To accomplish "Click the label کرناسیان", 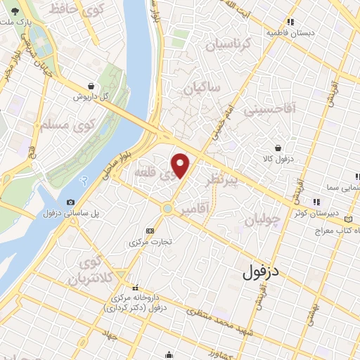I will click(x=227, y=45).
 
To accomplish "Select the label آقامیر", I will click(x=194, y=210).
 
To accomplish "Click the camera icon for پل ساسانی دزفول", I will click(x=71, y=202).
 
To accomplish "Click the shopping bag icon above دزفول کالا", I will click(x=280, y=148).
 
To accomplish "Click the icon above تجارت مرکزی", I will click(x=149, y=231).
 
